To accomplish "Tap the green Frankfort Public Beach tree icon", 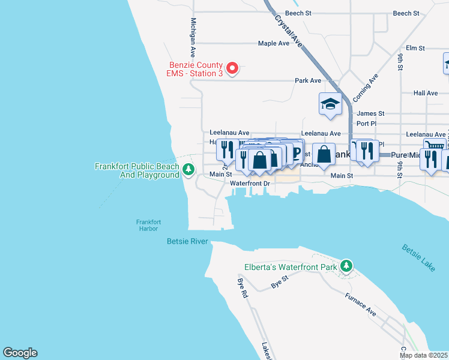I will pyautogui.click(x=188, y=170).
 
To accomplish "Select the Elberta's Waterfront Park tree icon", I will pyautogui.click(x=346, y=265).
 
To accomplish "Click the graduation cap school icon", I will pyautogui.click(x=330, y=105).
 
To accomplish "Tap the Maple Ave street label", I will pyautogui.click(x=274, y=43).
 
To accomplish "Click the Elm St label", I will pyautogui.click(x=415, y=48).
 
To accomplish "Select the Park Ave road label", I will pyautogui.click(x=307, y=80).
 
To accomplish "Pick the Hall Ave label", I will pyautogui.click(x=426, y=93).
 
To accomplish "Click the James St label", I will pyautogui.click(x=370, y=113).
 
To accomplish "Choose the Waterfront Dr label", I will pyautogui.click(x=251, y=182).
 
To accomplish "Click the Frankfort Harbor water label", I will pyautogui.click(x=146, y=225).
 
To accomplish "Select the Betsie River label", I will pyautogui.click(x=187, y=242).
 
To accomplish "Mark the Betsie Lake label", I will pyautogui.click(x=418, y=258).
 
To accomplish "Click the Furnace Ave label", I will pyautogui.click(x=360, y=305).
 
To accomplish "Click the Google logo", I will pyautogui.click(x=20, y=353).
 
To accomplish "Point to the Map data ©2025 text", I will pyautogui.click(x=423, y=355).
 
